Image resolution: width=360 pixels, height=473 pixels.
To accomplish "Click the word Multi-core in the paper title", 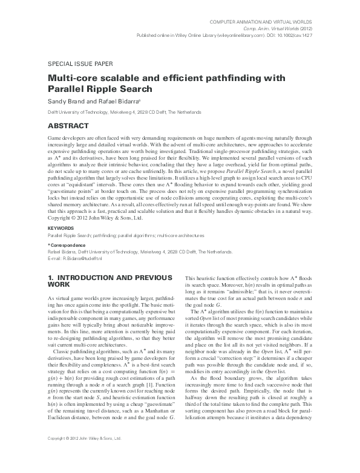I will click(x=71, y=77).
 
